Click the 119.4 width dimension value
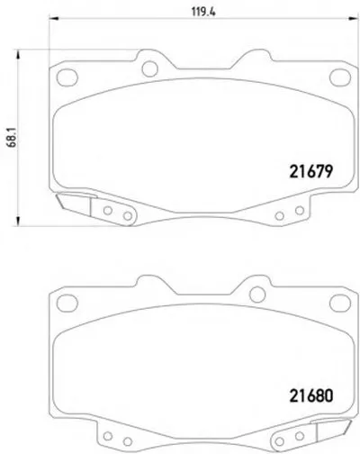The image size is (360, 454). [203, 12]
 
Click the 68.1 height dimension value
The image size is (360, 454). [13, 138]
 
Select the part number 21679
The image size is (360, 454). [311, 172]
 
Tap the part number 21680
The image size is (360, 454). [311, 395]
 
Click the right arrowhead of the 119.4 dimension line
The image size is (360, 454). [353, 19]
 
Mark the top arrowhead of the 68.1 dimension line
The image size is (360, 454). [18, 54]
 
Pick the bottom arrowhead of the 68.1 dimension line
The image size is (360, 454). [18, 221]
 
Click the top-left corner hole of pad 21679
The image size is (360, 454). [67, 77]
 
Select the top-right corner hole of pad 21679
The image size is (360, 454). [340, 77]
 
